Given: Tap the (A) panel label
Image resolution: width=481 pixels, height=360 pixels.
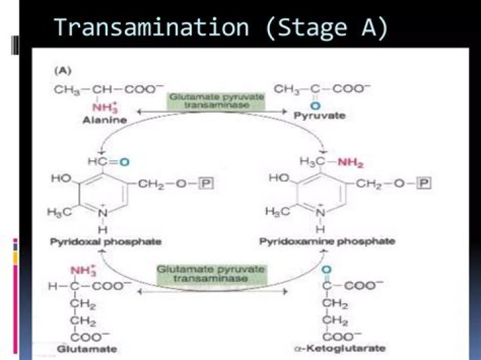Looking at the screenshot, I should pos(63,70).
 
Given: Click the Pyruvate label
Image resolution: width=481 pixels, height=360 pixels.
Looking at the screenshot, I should pos(319,116).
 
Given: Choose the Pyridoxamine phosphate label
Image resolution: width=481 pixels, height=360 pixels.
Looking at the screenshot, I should pos(326,240).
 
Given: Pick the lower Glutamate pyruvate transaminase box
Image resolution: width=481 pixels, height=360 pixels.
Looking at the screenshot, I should pos(212,275).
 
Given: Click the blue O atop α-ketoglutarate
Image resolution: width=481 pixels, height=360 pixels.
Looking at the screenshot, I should pos(326,272).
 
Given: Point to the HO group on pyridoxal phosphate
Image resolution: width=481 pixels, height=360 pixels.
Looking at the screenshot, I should pos(61,179).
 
